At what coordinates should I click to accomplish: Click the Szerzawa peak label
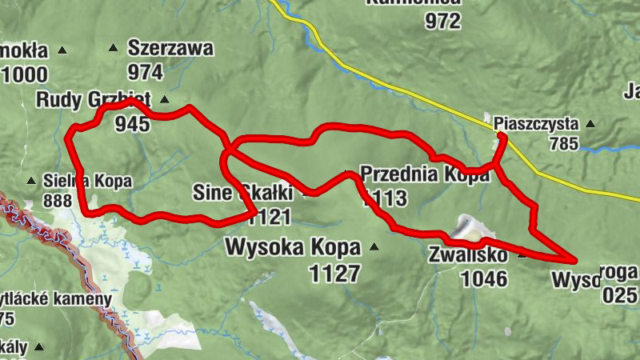[x=170, y=48]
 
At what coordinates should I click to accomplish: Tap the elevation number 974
[x=145, y=73]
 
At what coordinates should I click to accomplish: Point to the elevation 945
[x=132, y=123]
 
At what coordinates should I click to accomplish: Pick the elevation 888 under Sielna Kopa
[x=58, y=200]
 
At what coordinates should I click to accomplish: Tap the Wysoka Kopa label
[x=293, y=246]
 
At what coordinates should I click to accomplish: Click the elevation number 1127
[x=334, y=274]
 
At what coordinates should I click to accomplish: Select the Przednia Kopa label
[x=424, y=174]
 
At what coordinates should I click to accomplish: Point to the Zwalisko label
[x=468, y=255]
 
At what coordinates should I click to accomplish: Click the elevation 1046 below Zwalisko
[x=484, y=278]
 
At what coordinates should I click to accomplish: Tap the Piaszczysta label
[x=535, y=124]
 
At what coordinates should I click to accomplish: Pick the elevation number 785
[x=563, y=144]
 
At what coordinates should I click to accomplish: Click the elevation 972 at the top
[x=443, y=22]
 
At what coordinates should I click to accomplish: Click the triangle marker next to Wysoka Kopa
[x=374, y=247]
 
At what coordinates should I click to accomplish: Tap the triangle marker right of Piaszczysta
[x=590, y=124]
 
